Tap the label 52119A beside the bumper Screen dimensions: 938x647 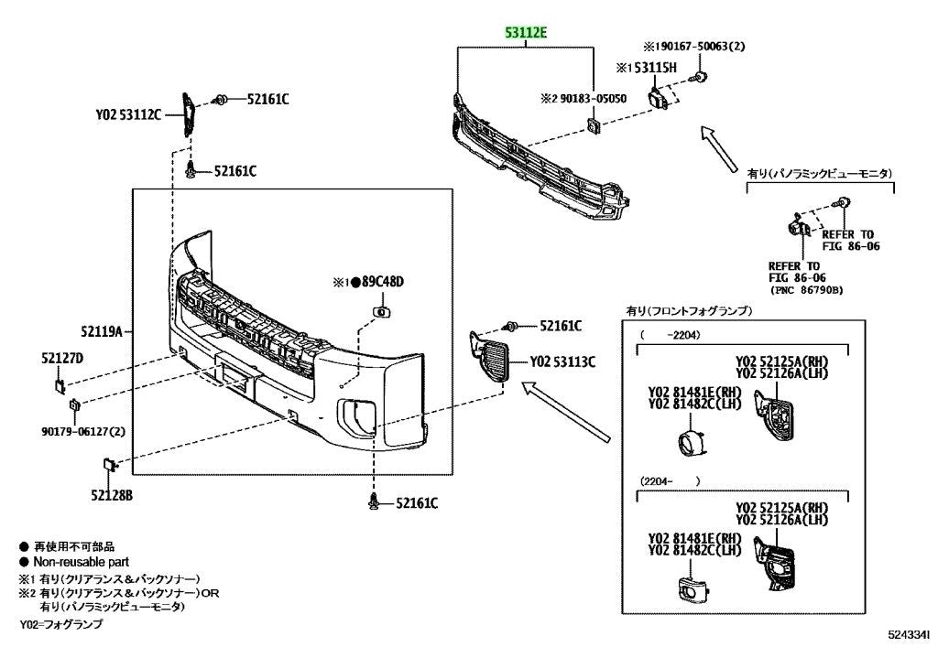click(102, 330)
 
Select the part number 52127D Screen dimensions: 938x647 click(62, 358)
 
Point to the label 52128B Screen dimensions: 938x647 click(112, 495)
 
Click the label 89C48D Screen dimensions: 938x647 click(384, 281)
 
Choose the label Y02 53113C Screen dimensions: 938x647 click(562, 362)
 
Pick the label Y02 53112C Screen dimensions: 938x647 click(128, 114)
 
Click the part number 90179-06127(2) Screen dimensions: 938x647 click(83, 431)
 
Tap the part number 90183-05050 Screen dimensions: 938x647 click(594, 99)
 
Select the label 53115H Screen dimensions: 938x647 click(656, 68)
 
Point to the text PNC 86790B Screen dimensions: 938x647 click(806, 290)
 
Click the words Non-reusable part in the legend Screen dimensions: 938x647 click(82, 562)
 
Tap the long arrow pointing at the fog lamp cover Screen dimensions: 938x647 click(566, 412)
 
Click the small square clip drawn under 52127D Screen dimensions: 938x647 click(61, 386)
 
